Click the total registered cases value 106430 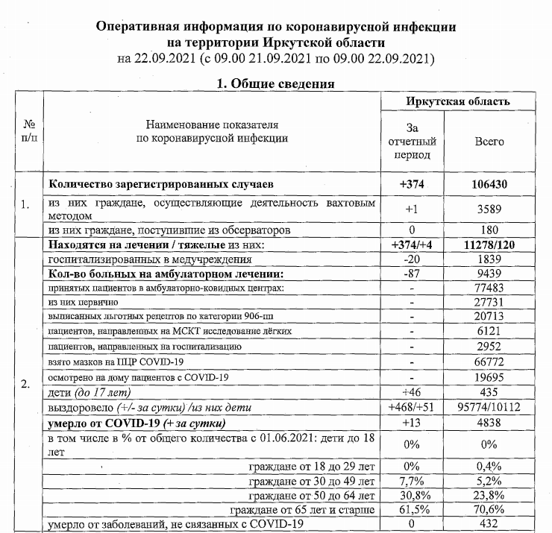(x=489, y=183)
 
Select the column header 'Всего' (x=489, y=141)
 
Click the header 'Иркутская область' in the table (x=458, y=101)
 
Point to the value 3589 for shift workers (x=489, y=210)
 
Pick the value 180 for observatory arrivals (x=489, y=231)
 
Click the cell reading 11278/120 (x=489, y=245)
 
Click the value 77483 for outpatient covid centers (x=489, y=287)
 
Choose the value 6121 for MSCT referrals (x=489, y=330)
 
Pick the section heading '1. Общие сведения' (x=275, y=83)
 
